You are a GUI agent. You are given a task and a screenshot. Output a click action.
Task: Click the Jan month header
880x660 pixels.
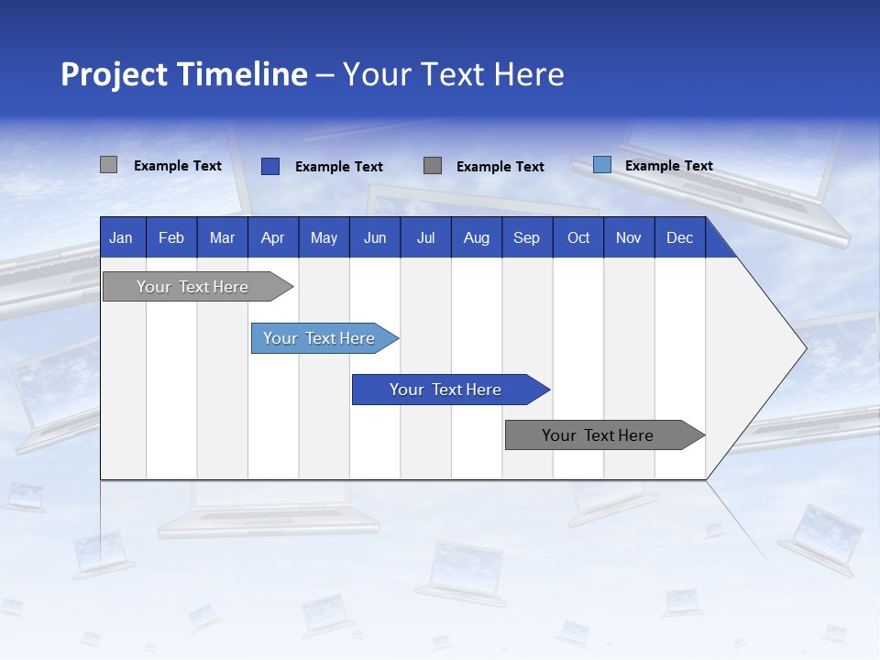pos(121,237)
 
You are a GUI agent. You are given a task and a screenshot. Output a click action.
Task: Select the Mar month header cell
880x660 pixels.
pos(222,237)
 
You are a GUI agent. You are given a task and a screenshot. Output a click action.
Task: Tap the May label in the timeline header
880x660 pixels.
pos(324,237)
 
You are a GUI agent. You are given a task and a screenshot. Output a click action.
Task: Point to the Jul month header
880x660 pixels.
pos(425,237)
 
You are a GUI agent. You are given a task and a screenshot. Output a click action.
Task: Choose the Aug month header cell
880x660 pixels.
pos(476,237)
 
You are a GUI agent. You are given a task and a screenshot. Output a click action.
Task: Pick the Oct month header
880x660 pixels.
pos(577,237)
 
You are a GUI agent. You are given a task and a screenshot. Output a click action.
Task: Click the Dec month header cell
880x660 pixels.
pos(679,237)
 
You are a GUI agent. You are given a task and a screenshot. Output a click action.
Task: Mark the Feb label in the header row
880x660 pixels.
pos(171,237)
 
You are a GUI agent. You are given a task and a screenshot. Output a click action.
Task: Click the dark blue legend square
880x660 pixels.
pos(269,166)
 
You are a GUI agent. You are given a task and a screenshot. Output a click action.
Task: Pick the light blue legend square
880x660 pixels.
pos(601,165)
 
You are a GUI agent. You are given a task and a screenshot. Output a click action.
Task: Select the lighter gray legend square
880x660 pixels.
pos(108,165)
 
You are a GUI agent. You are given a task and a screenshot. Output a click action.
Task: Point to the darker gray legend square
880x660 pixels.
pos(433,166)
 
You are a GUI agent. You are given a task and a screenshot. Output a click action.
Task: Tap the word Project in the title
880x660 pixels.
pos(116,74)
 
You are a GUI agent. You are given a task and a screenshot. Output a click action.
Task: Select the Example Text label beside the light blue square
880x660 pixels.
pos(668,166)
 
